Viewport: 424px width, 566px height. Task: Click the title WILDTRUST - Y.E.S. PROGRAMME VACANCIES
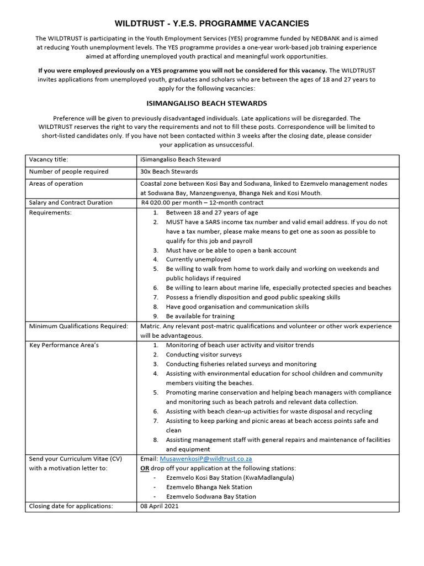point(211,23)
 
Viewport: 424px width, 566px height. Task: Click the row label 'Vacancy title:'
point(49,160)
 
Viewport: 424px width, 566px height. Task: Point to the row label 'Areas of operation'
point(56,184)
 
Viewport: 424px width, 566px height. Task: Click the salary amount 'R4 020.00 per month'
point(174,203)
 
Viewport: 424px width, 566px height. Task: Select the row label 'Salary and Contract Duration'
point(71,203)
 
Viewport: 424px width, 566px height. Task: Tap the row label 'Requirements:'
point(50,212)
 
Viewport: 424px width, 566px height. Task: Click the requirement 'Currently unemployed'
point(198,259)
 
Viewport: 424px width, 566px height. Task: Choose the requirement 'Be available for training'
point(200,316)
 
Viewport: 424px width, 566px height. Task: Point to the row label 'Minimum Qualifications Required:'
point(78,326)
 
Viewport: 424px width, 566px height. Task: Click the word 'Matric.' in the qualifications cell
point(152,326)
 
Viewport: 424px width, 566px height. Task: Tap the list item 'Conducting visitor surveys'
point(204,354)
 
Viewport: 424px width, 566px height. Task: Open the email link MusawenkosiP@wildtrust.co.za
point(206,459)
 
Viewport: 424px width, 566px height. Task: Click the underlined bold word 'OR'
point(145,468)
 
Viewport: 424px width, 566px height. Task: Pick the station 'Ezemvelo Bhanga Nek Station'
point(209,487)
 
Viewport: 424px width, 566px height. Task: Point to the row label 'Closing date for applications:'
point(71,506)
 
